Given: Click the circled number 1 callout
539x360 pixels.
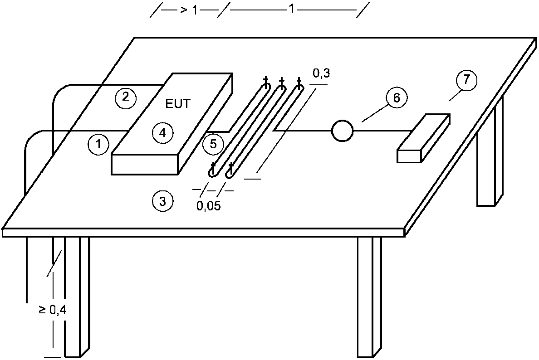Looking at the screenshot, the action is pos(98,145).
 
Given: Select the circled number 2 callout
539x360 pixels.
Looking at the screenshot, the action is pos(125,97).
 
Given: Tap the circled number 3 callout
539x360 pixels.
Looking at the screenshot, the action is pos(162,201).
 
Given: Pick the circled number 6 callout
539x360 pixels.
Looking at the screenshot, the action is pos(397,98).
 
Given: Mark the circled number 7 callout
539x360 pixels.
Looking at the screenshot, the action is pos(467,80).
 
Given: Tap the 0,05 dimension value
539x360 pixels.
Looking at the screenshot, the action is pos(209,206).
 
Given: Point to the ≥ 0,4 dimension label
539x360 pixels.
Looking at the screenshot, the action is pos(53,311).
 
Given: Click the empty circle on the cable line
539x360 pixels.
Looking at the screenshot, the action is pos(342,131).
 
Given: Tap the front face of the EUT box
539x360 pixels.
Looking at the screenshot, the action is pos(144,165).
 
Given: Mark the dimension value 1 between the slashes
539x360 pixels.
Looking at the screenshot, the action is pos(292,10).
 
